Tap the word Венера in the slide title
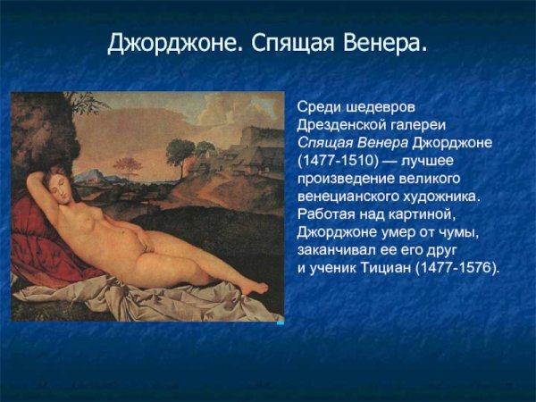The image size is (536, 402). point(384,43)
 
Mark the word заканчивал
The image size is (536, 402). point(336,249)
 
